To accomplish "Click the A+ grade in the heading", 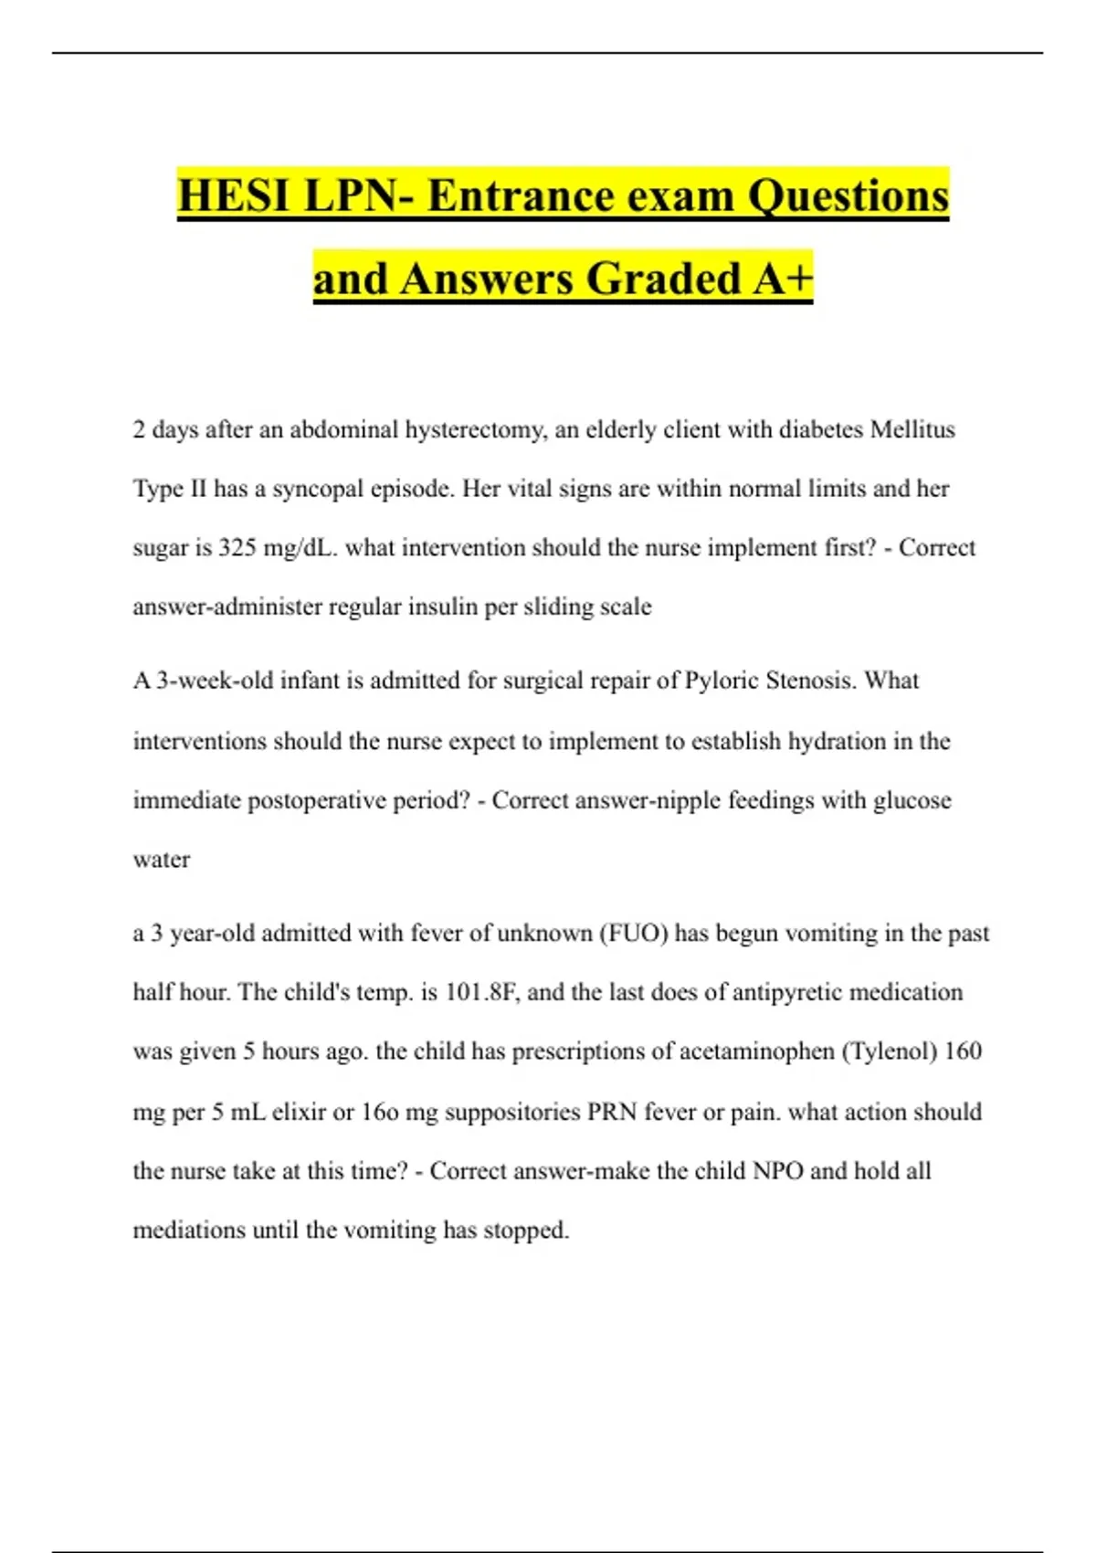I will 783,280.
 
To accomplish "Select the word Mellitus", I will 912,429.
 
